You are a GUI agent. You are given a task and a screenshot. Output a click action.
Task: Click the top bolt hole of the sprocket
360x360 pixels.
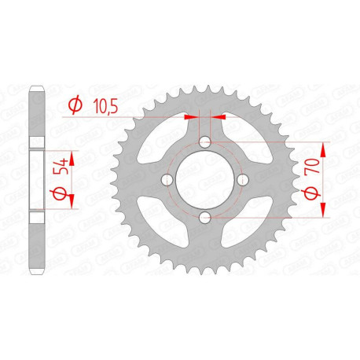[204, 143]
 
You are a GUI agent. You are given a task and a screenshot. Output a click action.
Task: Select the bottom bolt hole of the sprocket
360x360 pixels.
[204, 217]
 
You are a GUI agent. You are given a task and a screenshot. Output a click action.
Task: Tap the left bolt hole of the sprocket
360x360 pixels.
[167, 180]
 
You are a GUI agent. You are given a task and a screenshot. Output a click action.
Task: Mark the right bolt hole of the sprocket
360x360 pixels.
[241, 180]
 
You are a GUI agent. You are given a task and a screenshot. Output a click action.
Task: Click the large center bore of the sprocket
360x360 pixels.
[204, 180]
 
